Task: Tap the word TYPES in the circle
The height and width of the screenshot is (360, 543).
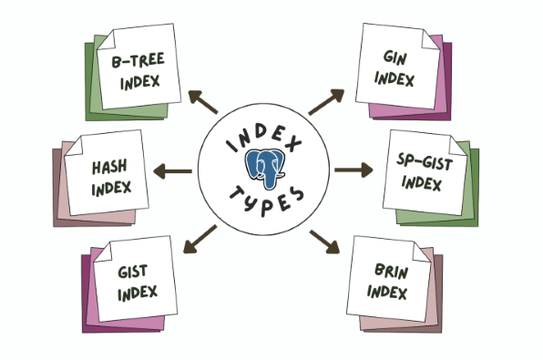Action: [267, 201]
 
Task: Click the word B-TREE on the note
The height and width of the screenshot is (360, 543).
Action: [138, 60]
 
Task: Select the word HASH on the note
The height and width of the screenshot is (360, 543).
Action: [109, 167]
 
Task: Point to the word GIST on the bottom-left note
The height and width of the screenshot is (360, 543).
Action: [133, 272]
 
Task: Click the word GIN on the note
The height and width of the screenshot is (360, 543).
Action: [395, 57]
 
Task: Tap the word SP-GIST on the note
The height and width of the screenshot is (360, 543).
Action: [425, 162]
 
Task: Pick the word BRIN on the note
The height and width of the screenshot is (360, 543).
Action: [392, 272]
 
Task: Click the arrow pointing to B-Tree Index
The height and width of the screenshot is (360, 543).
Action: [203, 102]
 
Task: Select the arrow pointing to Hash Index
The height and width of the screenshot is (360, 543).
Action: [173, 171]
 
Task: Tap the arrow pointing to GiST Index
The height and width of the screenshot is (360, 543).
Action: [200, 240]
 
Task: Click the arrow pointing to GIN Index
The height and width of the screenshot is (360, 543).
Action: [326, 101]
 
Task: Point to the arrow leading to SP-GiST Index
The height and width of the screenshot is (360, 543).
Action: [353, 170]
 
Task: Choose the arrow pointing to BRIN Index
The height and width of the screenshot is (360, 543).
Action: [324, 242]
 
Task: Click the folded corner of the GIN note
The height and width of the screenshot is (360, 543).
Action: [430, 39]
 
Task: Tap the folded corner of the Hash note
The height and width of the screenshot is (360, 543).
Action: [75, 146]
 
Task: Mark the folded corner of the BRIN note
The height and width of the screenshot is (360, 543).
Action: [422, 252]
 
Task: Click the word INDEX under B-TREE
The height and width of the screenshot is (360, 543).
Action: [140, 82]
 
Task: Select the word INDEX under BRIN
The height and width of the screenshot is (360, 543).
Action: [387, 292]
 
